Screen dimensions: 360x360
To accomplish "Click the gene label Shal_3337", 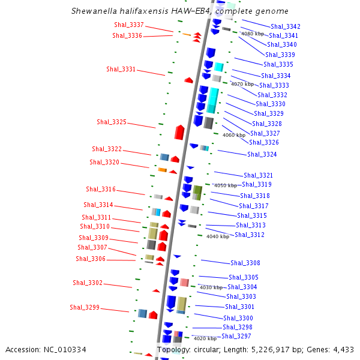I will tap(129, 25).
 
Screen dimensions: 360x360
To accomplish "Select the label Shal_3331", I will tap(121, 69).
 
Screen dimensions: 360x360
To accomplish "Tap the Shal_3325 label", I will tap(112, 122).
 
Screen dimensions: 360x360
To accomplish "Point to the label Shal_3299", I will tap(85, 307).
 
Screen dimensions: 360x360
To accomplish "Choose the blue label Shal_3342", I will tap(286, 26).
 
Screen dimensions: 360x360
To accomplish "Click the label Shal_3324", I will tap(262, 154).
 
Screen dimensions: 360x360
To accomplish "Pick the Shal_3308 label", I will tap(245, 263).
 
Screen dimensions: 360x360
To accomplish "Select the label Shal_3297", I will tap(237, 336).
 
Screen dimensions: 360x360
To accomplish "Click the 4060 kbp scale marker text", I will tap(234, 135).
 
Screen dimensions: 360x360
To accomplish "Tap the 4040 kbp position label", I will tap(217, 236).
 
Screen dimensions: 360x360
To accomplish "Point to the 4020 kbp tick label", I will tap(205, 338).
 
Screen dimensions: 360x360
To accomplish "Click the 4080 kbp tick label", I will tap(252, 34).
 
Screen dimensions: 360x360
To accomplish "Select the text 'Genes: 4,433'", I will tap(332, 349).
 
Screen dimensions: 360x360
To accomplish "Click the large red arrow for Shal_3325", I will tap(179, 132).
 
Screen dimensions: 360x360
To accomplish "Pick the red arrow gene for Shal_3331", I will tap(188, 80).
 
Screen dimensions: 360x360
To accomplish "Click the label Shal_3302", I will tap(88, 283).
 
